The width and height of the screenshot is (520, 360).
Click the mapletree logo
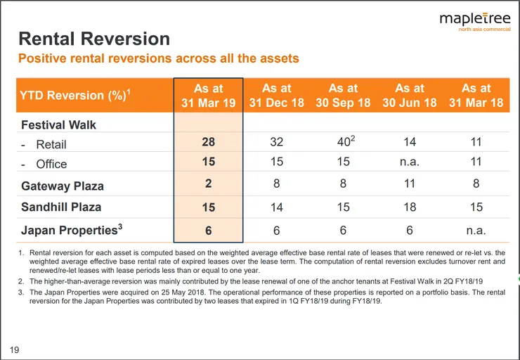(x=475, y=22)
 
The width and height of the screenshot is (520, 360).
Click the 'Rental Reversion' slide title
(x=94, y=39)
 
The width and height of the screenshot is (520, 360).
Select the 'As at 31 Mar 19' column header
(x=208, y=96)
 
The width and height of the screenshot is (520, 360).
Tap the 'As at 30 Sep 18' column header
(x=343, y=96)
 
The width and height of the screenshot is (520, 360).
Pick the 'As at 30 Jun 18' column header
(x=410, y=96)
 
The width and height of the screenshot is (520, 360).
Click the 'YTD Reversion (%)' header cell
(x=75, y=95)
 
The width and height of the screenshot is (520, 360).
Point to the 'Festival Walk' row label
(x=58, y=124)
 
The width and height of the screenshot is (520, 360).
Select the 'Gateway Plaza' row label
(x=63, y=186)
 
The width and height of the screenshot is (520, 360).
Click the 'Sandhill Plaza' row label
(x=61, y=207)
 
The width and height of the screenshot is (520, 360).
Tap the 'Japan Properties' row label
(x=72, y=230)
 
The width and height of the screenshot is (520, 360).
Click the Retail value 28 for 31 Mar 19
(x=208, y=142)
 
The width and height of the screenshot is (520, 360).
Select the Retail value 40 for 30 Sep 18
(x=346, y=141)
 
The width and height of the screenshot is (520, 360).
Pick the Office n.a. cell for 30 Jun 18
(x=410, y=162)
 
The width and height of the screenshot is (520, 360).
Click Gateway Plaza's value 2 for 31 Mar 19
(x=208, y=183)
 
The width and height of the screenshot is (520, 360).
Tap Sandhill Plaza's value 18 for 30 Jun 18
(x=410, y=207)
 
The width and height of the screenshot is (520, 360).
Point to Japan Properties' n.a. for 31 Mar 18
(x=476, y=230)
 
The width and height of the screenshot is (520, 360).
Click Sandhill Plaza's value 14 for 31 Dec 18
(x=277, y=207)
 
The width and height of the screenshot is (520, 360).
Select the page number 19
(x=14, y=349)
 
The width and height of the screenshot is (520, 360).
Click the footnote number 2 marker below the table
(x=21, y=281)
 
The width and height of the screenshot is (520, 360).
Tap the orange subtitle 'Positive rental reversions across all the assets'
(x=159, y=58)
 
